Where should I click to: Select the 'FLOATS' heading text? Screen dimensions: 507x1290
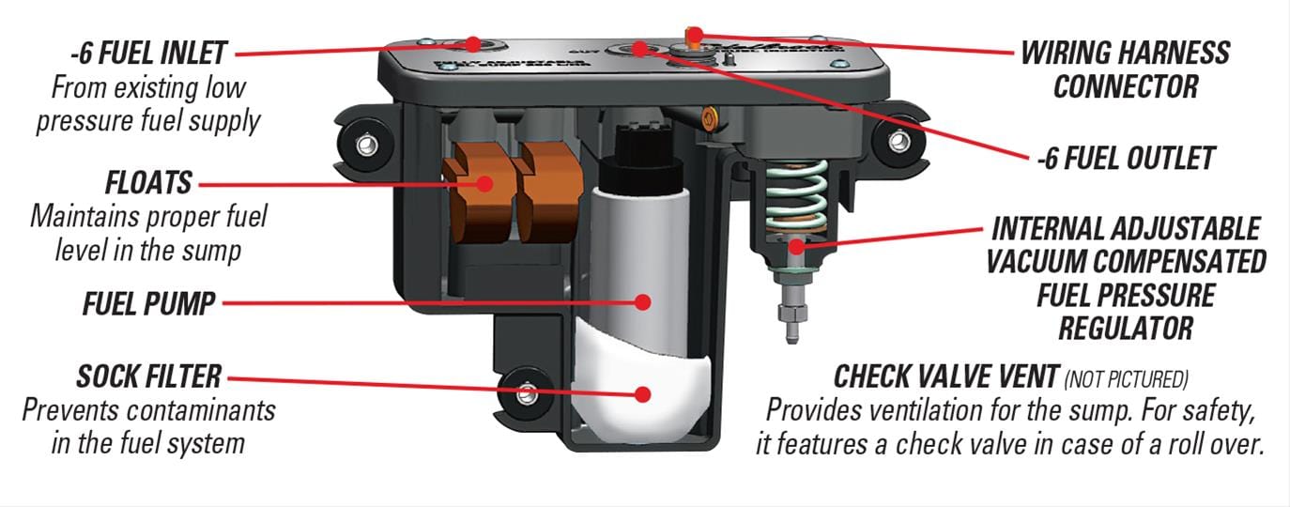(148, 181)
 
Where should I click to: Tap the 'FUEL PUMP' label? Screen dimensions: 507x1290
(148, 303)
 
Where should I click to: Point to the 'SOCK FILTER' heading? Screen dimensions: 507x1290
(148, 377)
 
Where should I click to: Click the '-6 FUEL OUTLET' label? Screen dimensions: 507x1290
(1126, 159)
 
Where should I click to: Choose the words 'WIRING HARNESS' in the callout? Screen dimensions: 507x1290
(1125, 52)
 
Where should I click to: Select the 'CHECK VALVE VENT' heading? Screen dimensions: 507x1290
(946, 377)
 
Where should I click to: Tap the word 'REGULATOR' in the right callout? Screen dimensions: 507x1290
(1126, 329)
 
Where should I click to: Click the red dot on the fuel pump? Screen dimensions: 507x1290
(643, 301)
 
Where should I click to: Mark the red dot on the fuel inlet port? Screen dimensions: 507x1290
(472, 44)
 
